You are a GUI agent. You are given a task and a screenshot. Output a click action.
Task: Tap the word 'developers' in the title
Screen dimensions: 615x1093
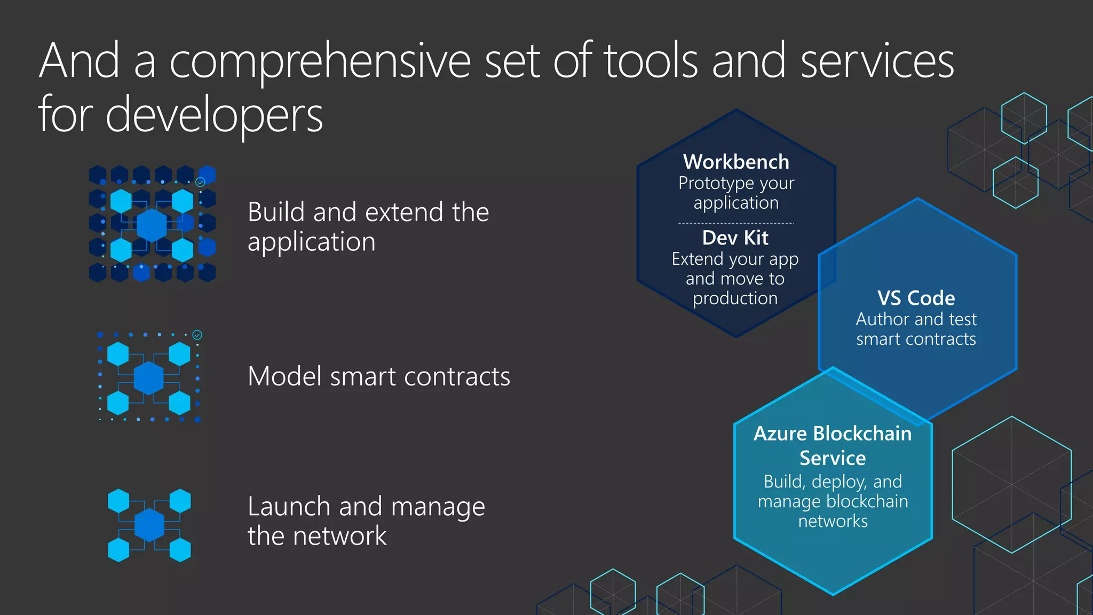pos(214,115)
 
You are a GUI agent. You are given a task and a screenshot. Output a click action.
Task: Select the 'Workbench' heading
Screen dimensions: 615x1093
pos(736,162)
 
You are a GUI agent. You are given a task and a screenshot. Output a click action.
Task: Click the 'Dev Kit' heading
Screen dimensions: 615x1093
pos(735,238)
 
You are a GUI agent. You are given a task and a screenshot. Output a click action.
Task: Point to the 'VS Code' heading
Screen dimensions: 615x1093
pos(916,298)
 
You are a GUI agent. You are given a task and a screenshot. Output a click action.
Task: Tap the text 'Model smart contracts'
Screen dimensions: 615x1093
pos(379,376)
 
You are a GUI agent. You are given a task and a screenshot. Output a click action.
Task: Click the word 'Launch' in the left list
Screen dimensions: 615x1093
pos(288,506)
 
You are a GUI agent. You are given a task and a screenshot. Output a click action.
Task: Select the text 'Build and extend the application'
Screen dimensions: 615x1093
pos(368,227)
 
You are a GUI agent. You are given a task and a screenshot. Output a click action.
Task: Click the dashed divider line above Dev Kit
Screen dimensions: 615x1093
pos(736,223)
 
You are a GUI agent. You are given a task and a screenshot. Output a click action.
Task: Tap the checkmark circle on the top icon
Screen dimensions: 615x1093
pos(200,182)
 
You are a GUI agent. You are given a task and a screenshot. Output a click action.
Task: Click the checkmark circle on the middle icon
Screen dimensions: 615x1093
pos(197,335)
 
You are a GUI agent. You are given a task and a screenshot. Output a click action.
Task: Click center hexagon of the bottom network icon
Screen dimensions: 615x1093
pos(149,525)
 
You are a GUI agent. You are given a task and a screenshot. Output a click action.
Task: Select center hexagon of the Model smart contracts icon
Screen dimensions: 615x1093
pos(148,378)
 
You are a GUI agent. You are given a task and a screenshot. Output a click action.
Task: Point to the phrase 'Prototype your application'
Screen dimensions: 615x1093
pos(736,193)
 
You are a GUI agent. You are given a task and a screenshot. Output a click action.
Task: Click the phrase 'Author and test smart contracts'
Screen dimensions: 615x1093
pos(916,329)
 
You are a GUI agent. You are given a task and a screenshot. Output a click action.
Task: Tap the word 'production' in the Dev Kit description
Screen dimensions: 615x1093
pos(735,298)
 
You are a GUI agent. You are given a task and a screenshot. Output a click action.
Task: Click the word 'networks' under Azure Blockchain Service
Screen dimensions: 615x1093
pos(833,521)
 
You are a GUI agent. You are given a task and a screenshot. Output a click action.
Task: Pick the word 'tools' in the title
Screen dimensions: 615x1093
pos(651,61)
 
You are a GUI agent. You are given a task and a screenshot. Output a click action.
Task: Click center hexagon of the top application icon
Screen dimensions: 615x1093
pos(152,225)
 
